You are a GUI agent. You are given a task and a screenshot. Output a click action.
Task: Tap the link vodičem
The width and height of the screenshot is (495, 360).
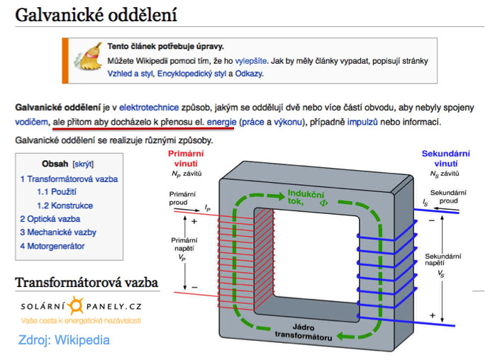coord(30,123)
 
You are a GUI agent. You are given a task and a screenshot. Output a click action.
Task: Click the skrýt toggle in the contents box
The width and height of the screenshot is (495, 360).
coord(83,163)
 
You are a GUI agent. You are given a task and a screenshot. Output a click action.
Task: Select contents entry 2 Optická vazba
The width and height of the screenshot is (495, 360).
coord(50,219)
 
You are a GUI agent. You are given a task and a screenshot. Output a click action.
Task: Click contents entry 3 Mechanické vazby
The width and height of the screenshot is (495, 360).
coord(58,232)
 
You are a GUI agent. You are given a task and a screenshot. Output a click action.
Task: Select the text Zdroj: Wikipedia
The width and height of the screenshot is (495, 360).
coord(65,340)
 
